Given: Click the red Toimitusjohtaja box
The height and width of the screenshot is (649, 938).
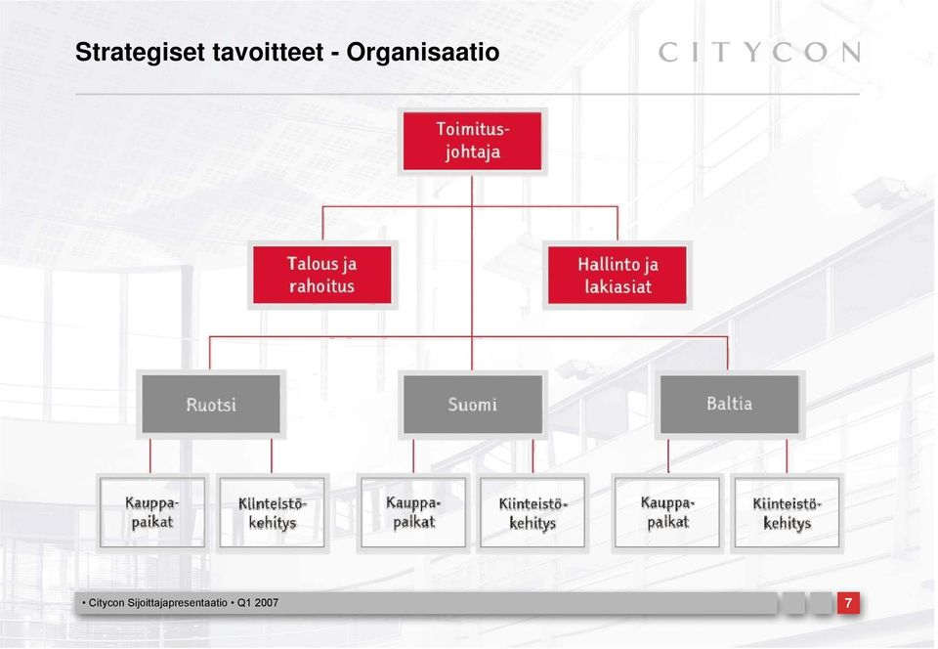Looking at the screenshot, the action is coord(472,141).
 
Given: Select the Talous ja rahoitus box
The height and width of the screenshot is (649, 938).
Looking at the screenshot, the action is coord(322,276).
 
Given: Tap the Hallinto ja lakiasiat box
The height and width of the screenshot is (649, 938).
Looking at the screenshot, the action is coord(618,276).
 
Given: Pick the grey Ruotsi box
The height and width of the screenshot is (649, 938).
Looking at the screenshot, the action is coord(211,405).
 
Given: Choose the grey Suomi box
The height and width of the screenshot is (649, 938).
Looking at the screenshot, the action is coord(473,405).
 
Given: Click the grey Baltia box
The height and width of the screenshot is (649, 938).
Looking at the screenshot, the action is coord(729,405).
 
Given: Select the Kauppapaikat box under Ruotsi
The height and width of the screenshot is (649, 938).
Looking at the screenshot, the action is coord(152,512).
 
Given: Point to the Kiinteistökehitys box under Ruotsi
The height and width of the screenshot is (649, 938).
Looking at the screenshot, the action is coord(273,512).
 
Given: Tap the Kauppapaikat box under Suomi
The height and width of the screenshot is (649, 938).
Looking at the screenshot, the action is coord(413,512).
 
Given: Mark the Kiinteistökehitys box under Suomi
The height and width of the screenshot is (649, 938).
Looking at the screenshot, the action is coord(533,512).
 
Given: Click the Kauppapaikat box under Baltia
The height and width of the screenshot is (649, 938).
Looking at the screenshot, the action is coord(667,512).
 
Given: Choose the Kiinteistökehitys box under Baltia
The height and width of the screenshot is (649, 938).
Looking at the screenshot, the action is coord(787,512).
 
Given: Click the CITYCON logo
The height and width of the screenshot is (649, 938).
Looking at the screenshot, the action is coord(760,52).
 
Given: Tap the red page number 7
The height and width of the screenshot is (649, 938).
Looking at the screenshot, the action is coord(848,602).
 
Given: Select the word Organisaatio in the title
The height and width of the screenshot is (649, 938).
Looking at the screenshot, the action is coord(423,53).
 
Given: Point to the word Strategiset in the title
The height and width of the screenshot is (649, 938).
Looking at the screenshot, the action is coord(140,53).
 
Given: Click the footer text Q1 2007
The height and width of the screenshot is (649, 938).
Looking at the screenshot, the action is coord(258,603).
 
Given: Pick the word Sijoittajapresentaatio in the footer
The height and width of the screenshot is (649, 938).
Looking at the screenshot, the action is coord(178,603).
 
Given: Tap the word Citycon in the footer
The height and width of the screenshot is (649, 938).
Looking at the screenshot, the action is coord(107,603).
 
